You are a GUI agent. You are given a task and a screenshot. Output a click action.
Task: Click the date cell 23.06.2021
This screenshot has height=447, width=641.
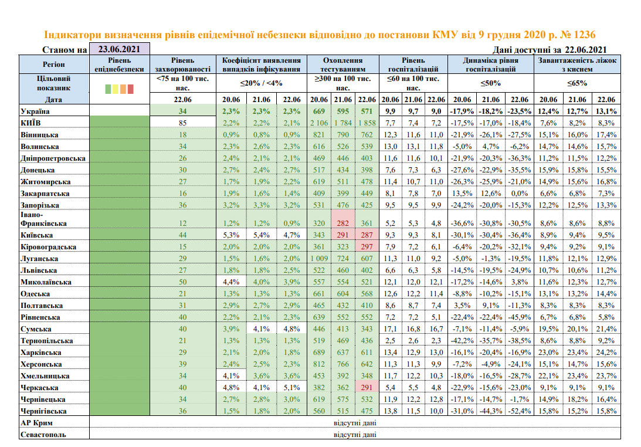tap(120, 49)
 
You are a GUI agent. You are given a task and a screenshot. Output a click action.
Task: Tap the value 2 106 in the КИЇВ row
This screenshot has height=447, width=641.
tap(320, 123)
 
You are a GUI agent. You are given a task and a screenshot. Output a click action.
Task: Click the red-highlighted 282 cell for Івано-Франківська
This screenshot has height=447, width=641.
tap(343, 223)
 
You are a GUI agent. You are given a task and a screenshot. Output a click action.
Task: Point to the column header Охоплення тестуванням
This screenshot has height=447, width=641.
tap(343, 64)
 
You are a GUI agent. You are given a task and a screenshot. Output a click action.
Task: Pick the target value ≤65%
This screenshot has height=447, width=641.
tap(577, 83)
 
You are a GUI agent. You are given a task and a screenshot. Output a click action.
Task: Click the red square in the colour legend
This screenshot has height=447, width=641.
tap(131, 89)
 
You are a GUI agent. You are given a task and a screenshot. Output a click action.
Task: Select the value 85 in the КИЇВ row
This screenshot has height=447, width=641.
tap(183, 123)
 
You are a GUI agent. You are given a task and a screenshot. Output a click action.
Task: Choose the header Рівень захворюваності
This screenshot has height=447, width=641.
tap(183, 64)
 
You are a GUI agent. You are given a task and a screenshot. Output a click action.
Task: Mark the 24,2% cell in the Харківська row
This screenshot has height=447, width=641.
tap(606, 352)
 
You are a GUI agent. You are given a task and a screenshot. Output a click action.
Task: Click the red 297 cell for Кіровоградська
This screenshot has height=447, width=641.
tap(367, 246)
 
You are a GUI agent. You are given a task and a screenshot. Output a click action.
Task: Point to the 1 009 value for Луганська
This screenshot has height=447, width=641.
tap(320, 258)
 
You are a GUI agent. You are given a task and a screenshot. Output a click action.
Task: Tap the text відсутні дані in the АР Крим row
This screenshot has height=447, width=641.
tap(355, 422)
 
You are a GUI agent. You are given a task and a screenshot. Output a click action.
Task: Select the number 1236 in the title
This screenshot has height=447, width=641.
tap(589, 35)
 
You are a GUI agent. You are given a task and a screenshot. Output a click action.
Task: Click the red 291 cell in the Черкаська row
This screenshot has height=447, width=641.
tap(367, 387)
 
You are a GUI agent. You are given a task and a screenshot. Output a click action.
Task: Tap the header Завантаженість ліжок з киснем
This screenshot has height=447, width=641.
tap(577, 64)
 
